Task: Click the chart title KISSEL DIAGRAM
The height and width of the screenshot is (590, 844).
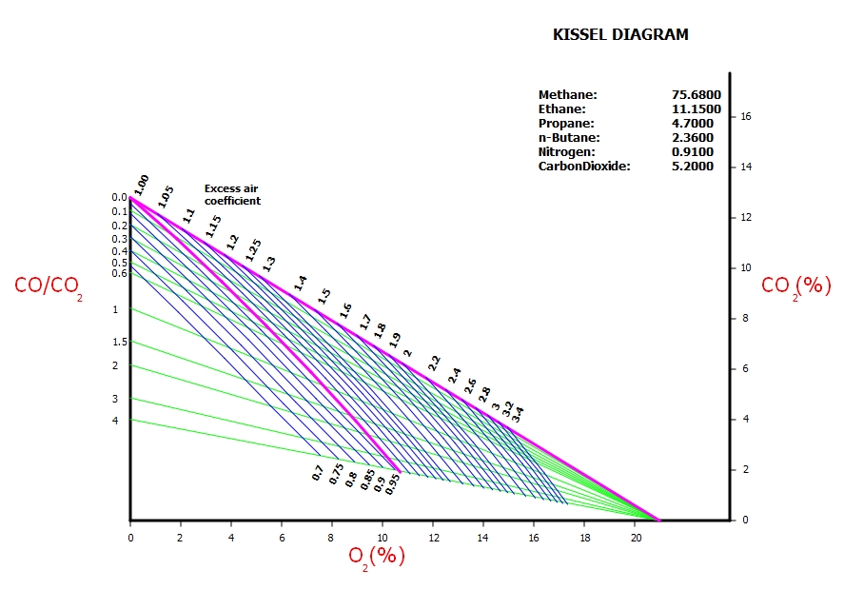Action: click(x=620, y=35)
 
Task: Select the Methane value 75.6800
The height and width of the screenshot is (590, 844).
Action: click(x=696, y=95)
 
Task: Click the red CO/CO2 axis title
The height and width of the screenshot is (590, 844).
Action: click(x=49, y=285)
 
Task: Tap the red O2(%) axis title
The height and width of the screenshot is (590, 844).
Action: click(x=376, y=556)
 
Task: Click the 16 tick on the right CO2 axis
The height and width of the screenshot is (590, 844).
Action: click(x=746, y=117)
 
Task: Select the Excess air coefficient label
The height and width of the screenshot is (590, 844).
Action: click(x=231, y=195)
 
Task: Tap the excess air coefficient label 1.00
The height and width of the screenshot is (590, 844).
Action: click(x=141, y=185)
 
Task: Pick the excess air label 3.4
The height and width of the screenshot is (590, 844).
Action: click(x=517, y=414)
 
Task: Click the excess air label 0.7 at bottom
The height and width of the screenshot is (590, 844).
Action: click(x=318, y=472)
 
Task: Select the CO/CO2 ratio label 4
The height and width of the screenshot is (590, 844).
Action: click(x=115, y=420)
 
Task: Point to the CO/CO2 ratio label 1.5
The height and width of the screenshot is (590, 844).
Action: click(x=120, y=343)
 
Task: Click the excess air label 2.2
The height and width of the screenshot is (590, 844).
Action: click(x=434, y=363)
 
